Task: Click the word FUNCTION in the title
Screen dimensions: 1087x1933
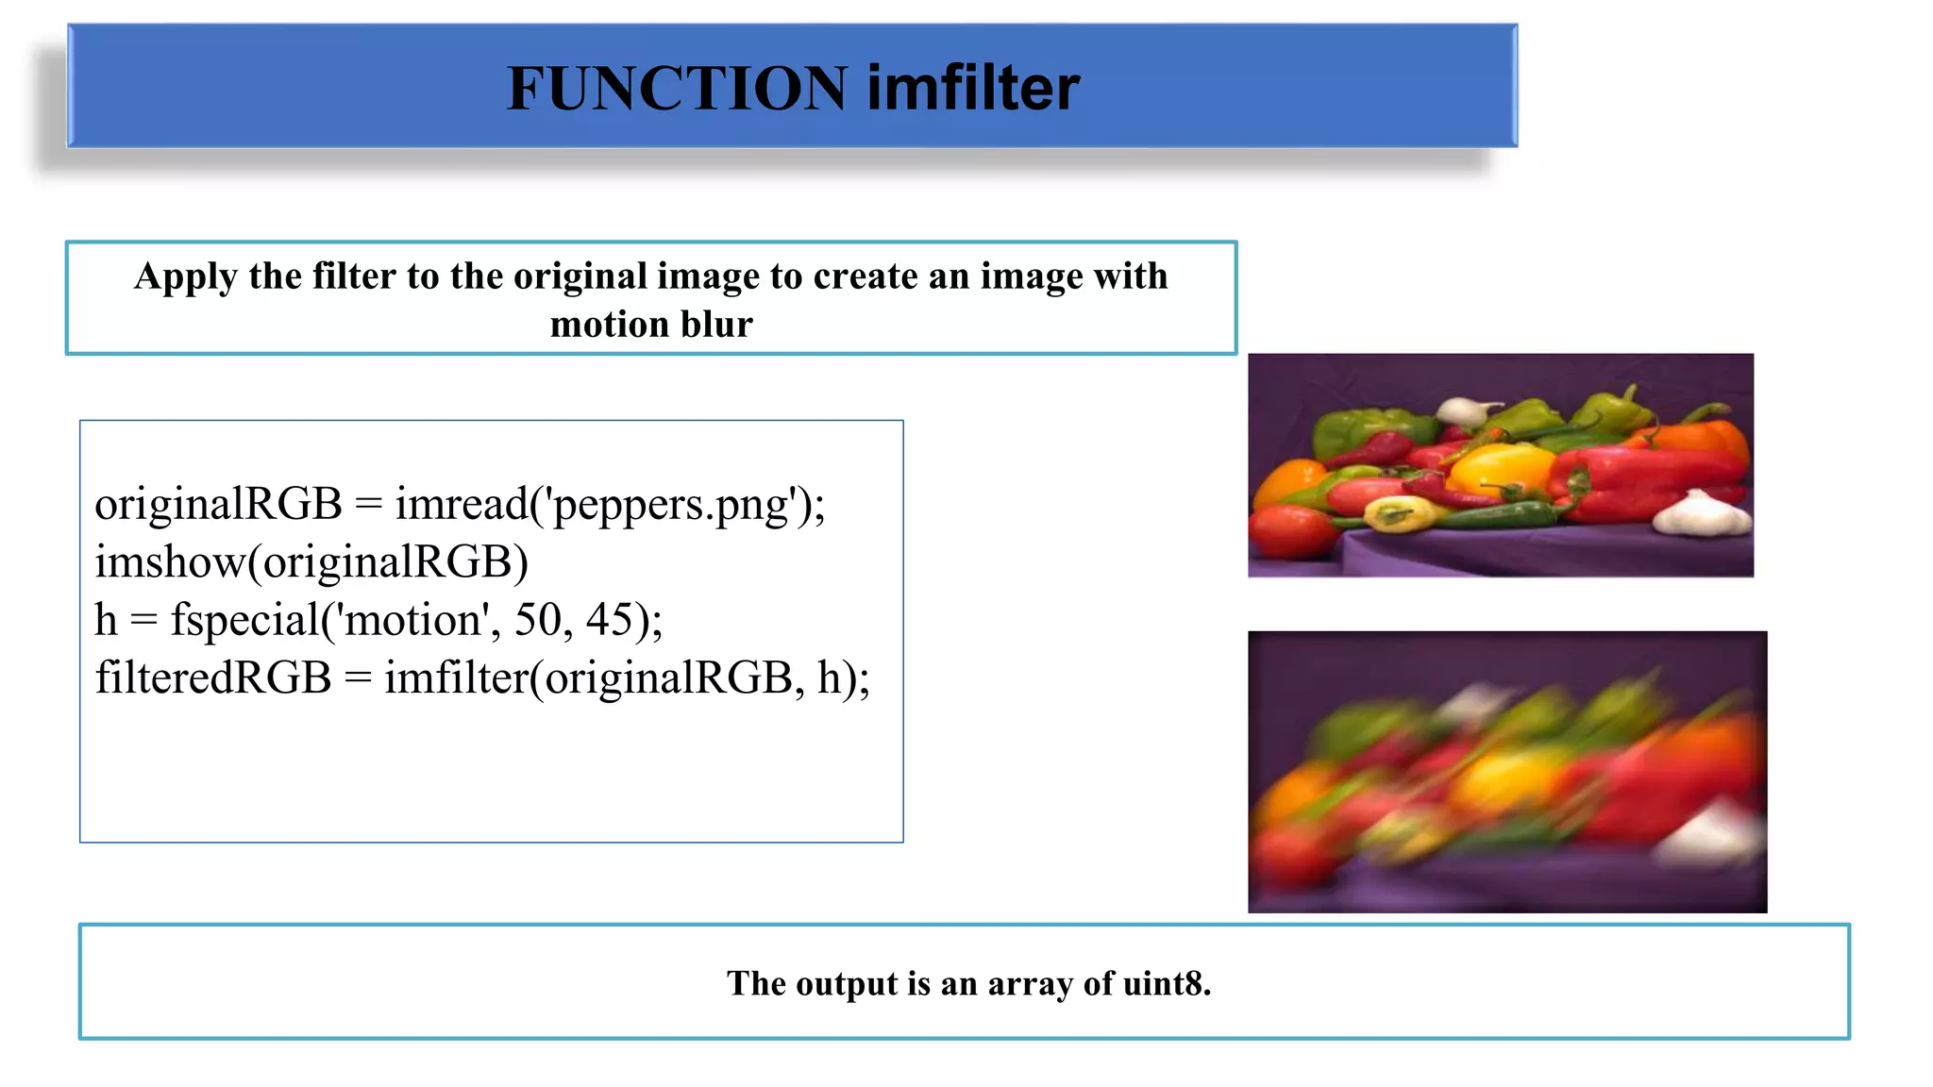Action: pos(677,89)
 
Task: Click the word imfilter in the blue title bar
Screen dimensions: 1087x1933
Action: pos(973,89)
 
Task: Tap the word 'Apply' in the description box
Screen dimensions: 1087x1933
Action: pos(186,276)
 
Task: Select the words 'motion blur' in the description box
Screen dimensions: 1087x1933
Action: pos(651,325)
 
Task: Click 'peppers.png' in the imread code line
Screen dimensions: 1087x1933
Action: pos(670,505)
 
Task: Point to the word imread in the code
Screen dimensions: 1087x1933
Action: pos(461,505)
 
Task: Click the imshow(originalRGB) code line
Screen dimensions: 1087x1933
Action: pos(311,562)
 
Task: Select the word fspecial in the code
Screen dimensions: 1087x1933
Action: pos(244,621)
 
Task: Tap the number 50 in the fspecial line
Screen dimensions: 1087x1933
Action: pos(538,621)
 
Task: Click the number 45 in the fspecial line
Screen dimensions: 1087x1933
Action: pos(609,621)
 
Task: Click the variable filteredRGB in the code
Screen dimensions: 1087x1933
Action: pos(213,678)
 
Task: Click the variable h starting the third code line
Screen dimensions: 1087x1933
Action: pos(106,621)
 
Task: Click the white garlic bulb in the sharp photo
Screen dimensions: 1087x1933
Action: pos(1704,515)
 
